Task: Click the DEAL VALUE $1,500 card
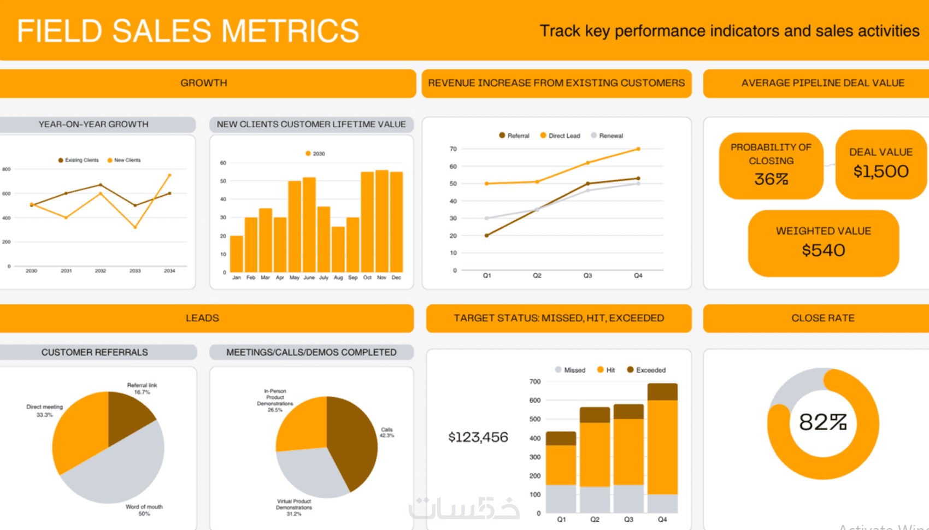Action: tap(880, 164)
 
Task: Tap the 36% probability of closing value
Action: tap(771, 179)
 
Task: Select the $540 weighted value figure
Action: tap(823, 250)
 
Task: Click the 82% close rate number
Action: tap(822, 422)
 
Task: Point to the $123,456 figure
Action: tap(478, 437)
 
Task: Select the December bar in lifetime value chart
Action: tap(396, 221)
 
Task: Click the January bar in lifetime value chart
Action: tap(237, 254)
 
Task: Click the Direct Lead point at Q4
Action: tap(638, 149)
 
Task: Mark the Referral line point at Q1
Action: tap(487, 235)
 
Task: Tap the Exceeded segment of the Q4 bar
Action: tap(662, 392)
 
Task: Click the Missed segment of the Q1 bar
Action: tap(561, 498)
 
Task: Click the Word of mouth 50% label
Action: tap(144, 510)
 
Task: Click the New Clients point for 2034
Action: tap(169, 175)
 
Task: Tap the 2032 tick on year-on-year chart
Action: tap(101, 270)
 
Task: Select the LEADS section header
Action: tap(202, 318)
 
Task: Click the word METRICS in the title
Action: tap(290, 31)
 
